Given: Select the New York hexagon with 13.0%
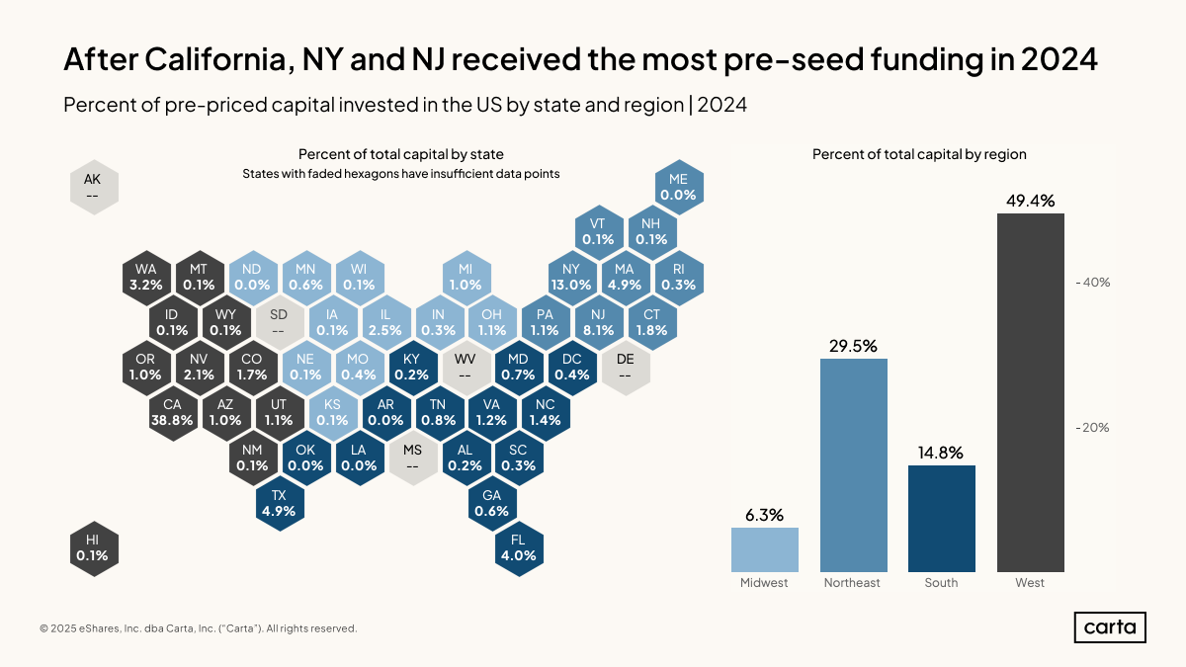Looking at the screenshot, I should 570,277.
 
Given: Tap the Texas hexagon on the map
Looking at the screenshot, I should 280,503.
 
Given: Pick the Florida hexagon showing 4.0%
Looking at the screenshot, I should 518,547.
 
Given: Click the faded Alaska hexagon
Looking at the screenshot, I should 93,187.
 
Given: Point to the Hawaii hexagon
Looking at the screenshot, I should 93,547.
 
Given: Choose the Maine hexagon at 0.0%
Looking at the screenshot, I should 678,187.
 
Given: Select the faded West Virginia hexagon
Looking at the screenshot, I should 465,367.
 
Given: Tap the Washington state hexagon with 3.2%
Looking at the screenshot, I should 146,277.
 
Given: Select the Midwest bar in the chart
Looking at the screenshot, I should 764,549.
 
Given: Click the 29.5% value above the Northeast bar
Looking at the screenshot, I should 853,346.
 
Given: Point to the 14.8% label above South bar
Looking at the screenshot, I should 941,454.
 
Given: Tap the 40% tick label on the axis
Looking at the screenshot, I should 1094,283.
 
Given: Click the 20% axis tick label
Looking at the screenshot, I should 1094,428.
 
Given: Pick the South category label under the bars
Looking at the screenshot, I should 941,583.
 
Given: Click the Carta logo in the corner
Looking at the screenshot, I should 1110,627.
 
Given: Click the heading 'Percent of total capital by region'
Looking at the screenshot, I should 919,154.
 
